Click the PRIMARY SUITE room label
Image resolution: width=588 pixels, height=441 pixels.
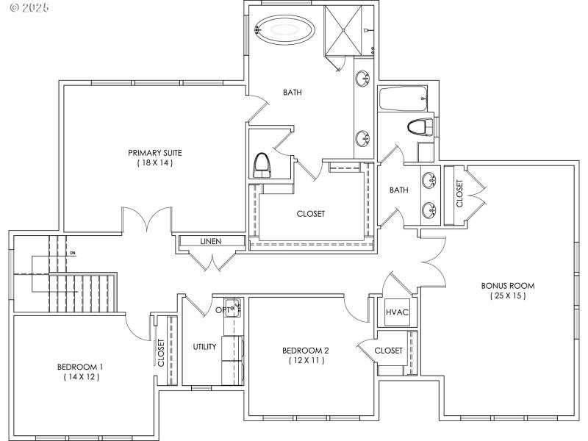pyautogui.click(x=154, y=153)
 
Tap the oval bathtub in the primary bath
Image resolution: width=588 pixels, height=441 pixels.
pyautogui.click(x=284, y=30)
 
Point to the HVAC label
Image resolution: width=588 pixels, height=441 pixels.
pyautogui.click(x=397, y=312)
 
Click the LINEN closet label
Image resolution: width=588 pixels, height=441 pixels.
pyautogui.click(x=211, y=241)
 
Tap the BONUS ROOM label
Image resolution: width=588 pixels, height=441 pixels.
pyautogui.click(x=507, y=285)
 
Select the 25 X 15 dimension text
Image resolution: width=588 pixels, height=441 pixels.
pyautogui.click(x=507, y=295)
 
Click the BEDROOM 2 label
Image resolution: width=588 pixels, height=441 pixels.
pyautogui.click(x=305, y=351)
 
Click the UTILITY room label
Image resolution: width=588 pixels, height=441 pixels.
pyautogui.click(x=204, y=347)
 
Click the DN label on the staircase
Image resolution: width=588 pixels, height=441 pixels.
pyautogui.click(x=73, y=254)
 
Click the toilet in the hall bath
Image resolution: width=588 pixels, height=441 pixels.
pyautogui.click(x=419, y=127)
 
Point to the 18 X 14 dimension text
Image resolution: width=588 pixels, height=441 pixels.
pyautogui.click(x=154, y=163)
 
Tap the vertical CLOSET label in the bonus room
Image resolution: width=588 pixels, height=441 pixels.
pyautogui.click(x=459, y=194)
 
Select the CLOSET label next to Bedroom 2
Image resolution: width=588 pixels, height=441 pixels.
pyautogui.click(x=388, y=351)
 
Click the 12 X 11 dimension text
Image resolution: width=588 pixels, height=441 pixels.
pyautogui.click(x=305, y=361)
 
